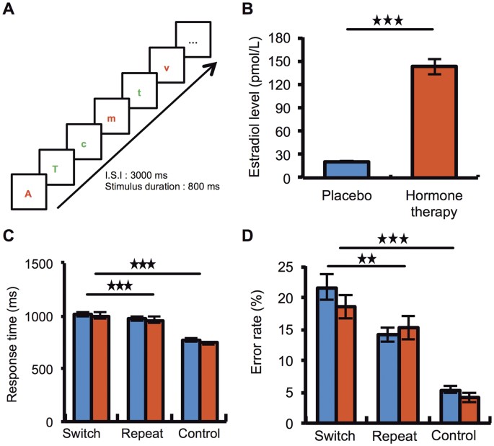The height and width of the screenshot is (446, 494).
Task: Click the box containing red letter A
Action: coord(29,192)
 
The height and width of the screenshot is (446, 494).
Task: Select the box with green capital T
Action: coord(56,168)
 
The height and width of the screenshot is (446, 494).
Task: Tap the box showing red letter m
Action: coord(110,117)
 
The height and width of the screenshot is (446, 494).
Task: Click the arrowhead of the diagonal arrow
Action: coord(210,70)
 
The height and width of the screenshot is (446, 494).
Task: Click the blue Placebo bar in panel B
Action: coord(347,169)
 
